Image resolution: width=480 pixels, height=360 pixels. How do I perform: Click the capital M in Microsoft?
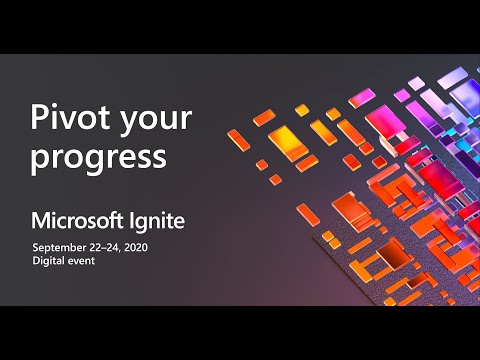pos(39,220)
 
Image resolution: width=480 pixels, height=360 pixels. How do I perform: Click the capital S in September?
pos(35,247)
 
